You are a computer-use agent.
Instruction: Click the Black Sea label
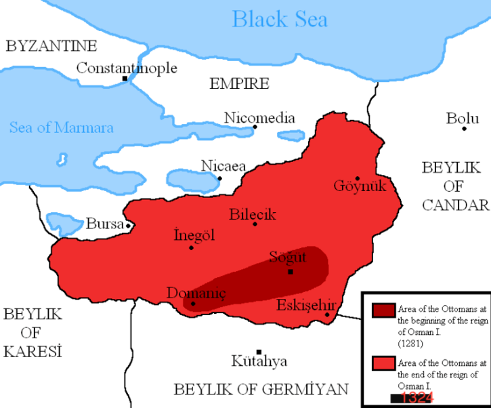click(x=279, y=18)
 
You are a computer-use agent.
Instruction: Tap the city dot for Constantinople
click(x=125, y=79)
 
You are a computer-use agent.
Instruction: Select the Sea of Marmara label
click(x=62, y=127)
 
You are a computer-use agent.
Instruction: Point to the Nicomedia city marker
click(x=255, y=127)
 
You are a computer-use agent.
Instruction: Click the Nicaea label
click(x=223, y=166)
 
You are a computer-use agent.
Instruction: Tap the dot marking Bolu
click(x=465, y=128)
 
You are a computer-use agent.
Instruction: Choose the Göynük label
click(x=360, y=186)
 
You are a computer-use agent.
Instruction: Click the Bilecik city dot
click(x=255, y=224)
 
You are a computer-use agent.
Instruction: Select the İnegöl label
click(x=194, y=235)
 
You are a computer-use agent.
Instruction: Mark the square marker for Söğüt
click(x=290, y=272)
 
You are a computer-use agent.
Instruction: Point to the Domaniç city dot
click(x=193, y=303)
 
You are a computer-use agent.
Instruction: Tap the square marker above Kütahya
click(x=259, y=352)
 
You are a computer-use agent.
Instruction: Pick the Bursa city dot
click(x=128, y=224)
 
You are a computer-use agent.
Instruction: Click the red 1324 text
click(x=415, y=398)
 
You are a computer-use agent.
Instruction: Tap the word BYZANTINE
click(x=51, y=46)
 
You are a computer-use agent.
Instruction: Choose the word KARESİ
click(x=32, y=352)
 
